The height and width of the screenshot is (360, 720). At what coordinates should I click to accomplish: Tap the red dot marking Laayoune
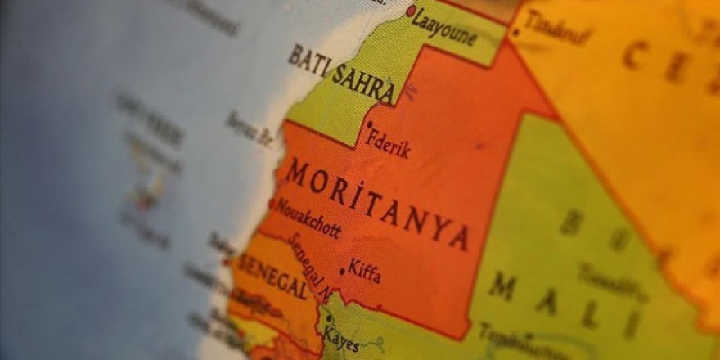coord(411,11)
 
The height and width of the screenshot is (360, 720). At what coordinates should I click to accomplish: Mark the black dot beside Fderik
coord(369,125)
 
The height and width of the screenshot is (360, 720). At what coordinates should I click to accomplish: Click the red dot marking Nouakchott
coord(272,204)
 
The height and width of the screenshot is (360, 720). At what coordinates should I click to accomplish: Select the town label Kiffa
coord(364,271)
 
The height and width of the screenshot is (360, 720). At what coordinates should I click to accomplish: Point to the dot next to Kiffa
coord(342,271)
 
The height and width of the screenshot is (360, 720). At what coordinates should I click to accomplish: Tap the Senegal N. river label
coord(309,268)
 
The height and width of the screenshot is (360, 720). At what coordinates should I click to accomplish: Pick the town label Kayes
coord(340,337)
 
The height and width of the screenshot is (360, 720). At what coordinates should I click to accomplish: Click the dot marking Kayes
coord(329,319)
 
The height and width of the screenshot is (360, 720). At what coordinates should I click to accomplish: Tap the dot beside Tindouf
coord(515,34)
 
